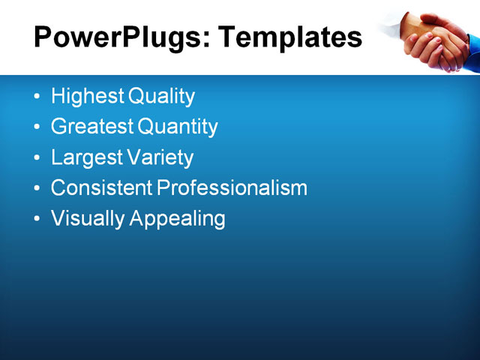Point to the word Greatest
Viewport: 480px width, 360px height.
[x=91, y=127]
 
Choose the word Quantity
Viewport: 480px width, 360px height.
[x=178, y=127]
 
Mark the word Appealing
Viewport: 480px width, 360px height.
[x=178, y=219]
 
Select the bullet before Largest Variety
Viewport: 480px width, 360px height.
[x=38, y=158]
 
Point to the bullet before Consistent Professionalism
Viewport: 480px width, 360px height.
[x=38, y=189]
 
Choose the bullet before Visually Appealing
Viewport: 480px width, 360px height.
[x=38, y=220]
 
